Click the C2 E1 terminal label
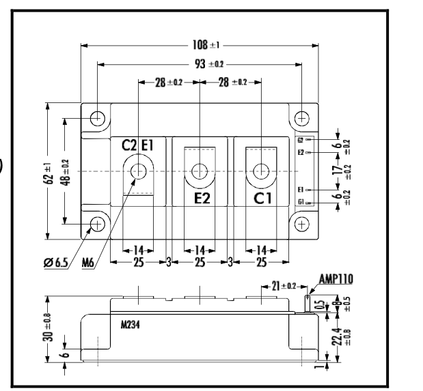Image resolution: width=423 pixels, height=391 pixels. [x=139, y=144]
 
